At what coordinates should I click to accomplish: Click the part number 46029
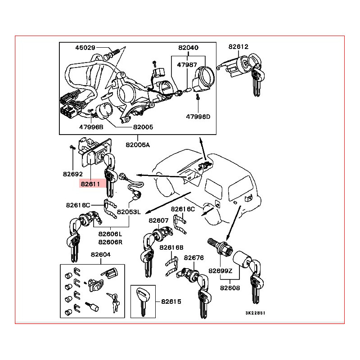click(85, 48)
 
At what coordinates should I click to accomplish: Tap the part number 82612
click(238, 46)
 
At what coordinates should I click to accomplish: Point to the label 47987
click(187, 65)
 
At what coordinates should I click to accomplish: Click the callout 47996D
click(198, 116)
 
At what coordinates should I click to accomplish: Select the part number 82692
click(73, 173)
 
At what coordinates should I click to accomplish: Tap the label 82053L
click(129, 211)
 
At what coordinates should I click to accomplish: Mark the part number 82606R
click(111, 242)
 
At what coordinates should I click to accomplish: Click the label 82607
click(158, 220)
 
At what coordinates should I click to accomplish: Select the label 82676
click(194, 258)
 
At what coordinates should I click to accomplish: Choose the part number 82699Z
click(220, 270)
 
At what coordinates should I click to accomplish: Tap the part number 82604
click(100, 254)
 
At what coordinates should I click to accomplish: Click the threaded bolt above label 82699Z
click(218, 245)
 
